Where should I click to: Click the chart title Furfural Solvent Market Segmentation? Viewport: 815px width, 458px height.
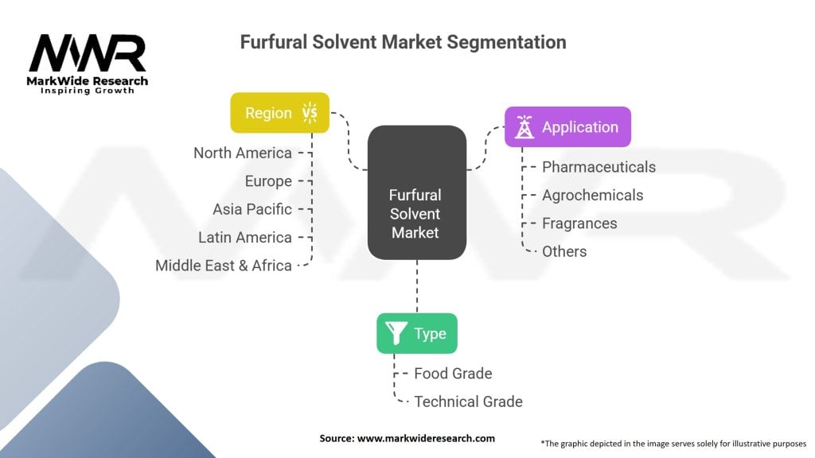click(x=403, y=42)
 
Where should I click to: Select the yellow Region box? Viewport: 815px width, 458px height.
click(x=279, y=113)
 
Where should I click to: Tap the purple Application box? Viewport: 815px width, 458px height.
click(x=567, y=127)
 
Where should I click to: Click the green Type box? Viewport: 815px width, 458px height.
click(x=416, y=333)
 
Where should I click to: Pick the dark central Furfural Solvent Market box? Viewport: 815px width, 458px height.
click(x=415, y=192)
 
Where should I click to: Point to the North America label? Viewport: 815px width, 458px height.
click(x=243, y=153)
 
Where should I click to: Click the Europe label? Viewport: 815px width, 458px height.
click(x=268, y=181)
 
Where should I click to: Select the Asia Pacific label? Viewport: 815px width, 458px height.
click(x=252, y=209)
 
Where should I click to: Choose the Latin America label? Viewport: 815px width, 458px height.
click(x=245, y=237)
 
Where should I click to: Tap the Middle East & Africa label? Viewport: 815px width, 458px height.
click(x=224, y=266)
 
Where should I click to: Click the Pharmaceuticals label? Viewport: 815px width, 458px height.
click(x=599, y=167)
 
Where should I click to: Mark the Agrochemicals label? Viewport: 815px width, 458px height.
click(x=592, y=195)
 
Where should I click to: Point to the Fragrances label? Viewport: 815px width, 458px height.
click(x=579, y=223)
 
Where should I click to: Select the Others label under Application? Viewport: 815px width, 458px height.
click(x=564, y=251)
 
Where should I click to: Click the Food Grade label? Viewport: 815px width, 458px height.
click(x=453, y=373)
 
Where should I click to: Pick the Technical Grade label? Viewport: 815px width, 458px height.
click(x=468, y=402)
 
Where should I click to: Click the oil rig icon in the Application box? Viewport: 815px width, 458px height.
click(x=524, y=127)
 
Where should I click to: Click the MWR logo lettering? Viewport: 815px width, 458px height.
click(x=88, y=54)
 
